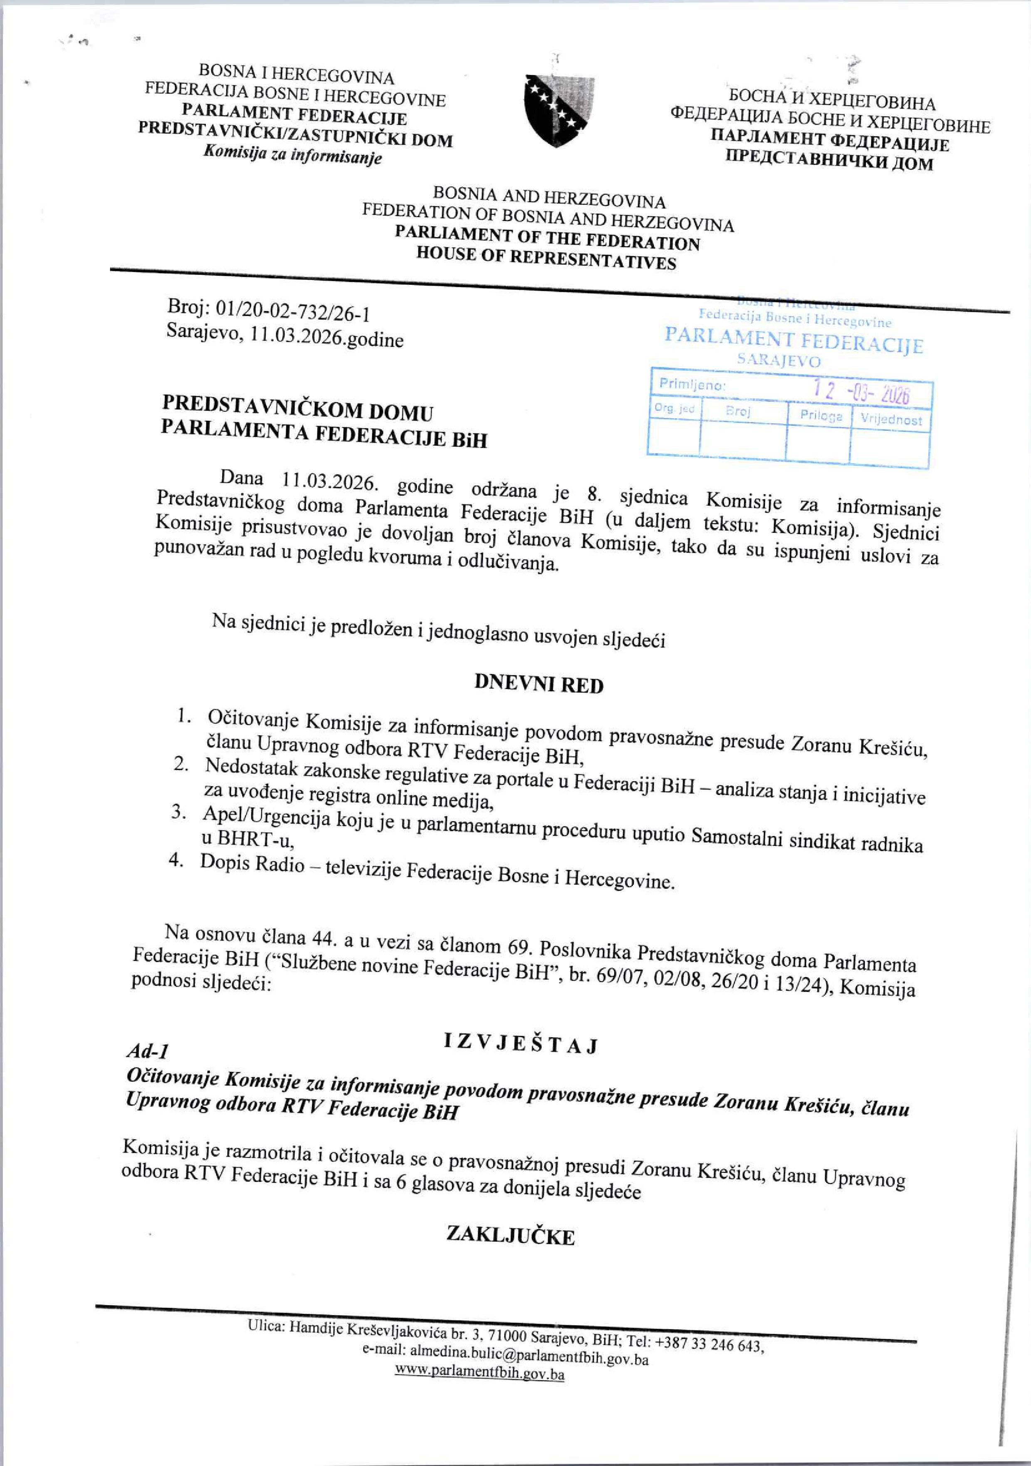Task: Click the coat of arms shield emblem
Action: tap(559, 110)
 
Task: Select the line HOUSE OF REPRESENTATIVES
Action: tap(546, 258)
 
